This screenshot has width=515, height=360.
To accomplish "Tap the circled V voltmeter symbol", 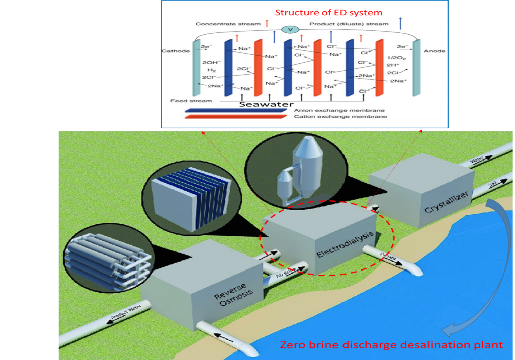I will point(290,30).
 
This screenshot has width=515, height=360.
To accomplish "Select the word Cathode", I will point(176,51).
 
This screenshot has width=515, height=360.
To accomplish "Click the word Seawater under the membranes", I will point(266,104).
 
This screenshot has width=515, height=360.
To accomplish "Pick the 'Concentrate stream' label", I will point(228,24).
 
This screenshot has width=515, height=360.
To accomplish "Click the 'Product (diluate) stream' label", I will point(349,24).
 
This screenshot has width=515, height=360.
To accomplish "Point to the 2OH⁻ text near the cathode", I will point(209,63).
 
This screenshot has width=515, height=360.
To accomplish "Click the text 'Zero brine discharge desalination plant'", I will point(391,345).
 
